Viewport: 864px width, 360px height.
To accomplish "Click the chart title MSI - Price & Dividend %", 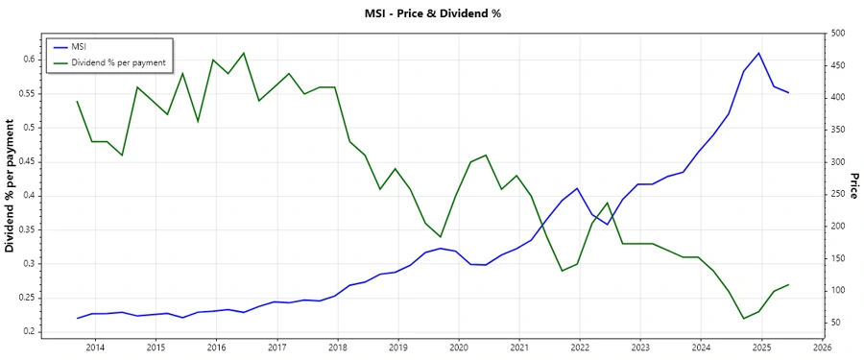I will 432,13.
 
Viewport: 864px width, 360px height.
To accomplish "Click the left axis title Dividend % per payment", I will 11,187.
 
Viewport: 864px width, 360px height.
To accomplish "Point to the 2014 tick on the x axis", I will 95,348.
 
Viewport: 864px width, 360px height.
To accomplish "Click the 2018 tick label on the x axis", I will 338,348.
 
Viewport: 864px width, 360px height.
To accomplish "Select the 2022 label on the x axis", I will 580,348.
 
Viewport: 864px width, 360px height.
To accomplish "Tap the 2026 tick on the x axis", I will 823,348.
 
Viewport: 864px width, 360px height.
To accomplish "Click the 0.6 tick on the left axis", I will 30,60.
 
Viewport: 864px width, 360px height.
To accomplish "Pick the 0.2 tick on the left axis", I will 30,332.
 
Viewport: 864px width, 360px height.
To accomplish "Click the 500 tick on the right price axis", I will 837,34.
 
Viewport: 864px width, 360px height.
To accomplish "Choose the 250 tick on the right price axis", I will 837,194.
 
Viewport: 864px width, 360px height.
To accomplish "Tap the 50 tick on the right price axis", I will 835,323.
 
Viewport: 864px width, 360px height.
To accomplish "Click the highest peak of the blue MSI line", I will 759,53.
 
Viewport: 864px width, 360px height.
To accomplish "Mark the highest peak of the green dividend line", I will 244,53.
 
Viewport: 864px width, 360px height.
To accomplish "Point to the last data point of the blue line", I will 789,93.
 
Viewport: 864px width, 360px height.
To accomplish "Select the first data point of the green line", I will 77,101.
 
